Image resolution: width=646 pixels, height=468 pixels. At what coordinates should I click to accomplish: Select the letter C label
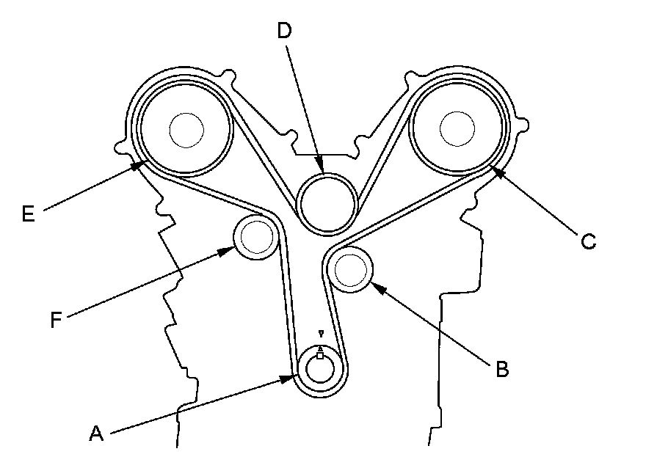pyautogui.click(x=587, y=241)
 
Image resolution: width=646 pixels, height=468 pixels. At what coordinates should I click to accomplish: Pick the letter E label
pyautogui.click(x=29, y=213)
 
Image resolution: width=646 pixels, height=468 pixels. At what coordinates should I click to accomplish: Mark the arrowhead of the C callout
pyautogui.click(x=494, y=170)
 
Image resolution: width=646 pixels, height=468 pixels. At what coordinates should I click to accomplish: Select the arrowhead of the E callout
pyautogui.click(x=142, y=165)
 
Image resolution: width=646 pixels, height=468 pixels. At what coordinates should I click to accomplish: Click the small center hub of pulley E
pyautogui.click(x=185, y=129)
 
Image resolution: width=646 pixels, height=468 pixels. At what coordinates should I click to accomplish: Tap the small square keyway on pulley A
pyautogui.click(x=320, y=356)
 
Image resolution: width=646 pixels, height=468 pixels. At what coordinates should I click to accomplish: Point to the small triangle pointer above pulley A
pyautogui.click(x=320, y=334)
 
